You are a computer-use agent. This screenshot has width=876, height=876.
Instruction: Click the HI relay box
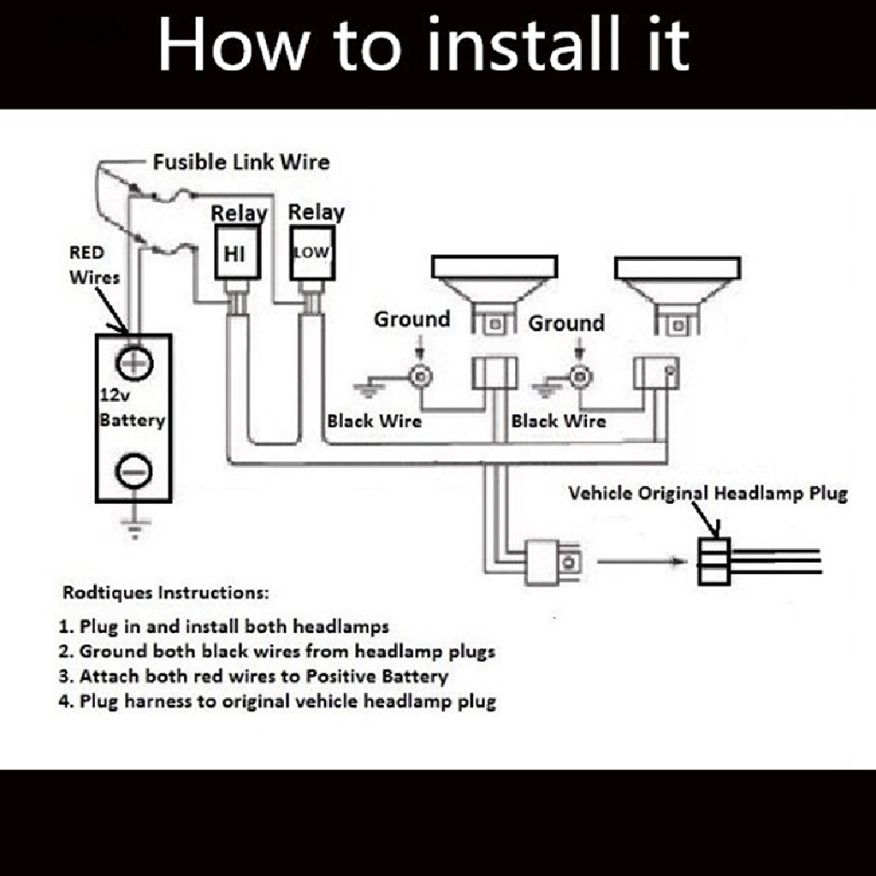coord(234,252)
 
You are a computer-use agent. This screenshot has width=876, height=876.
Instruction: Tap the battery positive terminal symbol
coord(134,363)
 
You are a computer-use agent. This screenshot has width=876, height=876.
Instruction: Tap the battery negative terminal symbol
coord(134,470)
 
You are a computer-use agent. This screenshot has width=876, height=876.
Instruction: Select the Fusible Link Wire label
coord(240,162)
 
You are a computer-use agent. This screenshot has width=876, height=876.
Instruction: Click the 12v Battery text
coord(132,409)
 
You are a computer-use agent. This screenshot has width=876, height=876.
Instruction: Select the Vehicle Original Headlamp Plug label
coord(707,494)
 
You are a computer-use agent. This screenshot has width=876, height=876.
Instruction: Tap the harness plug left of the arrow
coord(554,562)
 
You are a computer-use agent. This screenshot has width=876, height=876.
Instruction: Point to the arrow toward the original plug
coord(642,562)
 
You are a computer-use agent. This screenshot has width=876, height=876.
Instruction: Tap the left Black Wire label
coord(374,421)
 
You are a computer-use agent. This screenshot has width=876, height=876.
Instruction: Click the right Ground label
coord(565,323)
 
